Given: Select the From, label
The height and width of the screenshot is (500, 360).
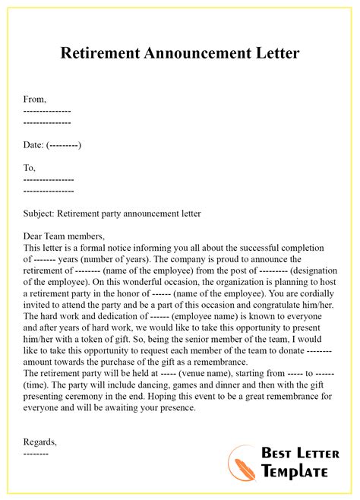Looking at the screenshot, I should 35,99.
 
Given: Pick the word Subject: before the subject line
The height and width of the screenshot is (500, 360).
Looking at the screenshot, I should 40,214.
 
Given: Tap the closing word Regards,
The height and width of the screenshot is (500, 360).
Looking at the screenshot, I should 40,441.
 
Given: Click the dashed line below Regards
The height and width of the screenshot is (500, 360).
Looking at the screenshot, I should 36,453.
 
